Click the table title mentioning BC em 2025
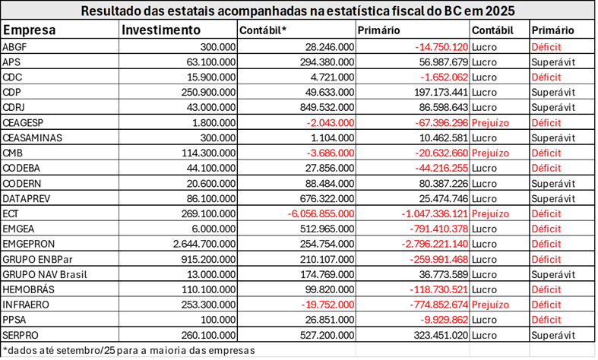pos(299,11)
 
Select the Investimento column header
pos(162,30)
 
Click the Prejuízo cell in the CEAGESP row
pos(490,122)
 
